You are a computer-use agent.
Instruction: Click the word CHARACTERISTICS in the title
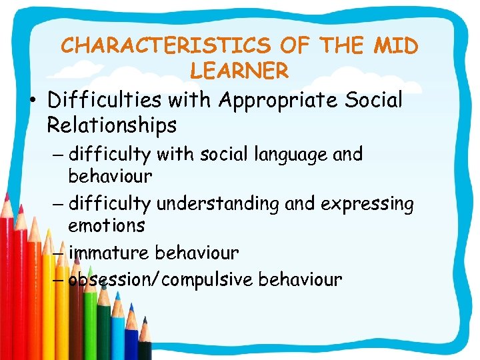[166, 45]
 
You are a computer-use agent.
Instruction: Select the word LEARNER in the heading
[239, 69]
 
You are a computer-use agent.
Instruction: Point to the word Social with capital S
[369, 100]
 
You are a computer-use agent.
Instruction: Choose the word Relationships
[111, 125]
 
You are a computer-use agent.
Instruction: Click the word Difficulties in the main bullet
[105, 100]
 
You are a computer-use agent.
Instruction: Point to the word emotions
[106, 225]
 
